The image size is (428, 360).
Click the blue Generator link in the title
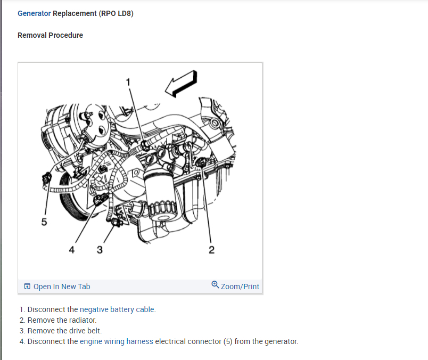[x=34, y=13]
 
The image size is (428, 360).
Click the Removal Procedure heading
[x=50, y=35]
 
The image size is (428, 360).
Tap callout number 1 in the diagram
[x=128, y=81]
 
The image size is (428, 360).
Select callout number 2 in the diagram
[x=211, y=250]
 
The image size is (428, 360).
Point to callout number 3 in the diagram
[x=100, y=250]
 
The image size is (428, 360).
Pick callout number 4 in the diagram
[x=72, y=250]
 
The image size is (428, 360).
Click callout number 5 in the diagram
[x=44, y=222]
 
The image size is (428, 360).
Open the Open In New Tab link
[x=62, y=287]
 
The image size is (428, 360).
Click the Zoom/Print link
[x=240, y=287]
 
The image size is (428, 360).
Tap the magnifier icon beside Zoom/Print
[x=215, y=285]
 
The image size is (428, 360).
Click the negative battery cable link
[x=118, y=309]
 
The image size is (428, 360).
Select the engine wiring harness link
[x=117, y=341]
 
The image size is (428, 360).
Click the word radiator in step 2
[x=83, y=320]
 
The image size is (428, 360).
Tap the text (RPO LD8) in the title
[x=116, y=13]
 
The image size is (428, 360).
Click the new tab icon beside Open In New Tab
[x=27, y=287]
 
